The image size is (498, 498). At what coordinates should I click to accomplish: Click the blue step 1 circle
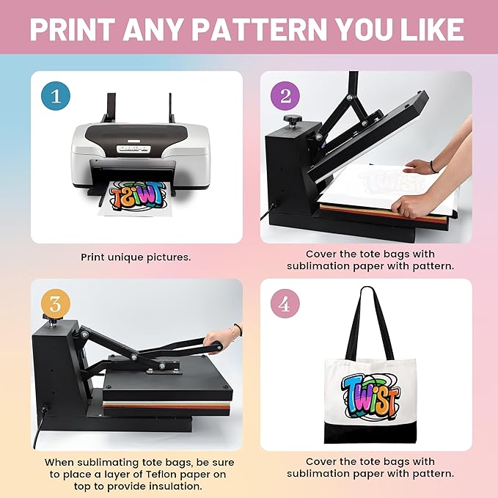[x=56, y=95]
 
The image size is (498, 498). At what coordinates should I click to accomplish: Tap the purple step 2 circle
[x=285, y=95]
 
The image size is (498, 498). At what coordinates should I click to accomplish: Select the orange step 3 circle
[x=56, y=304]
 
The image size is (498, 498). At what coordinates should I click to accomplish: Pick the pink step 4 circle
[x=285, y=304]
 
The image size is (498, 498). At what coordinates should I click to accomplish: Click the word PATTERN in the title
[x=259, y=29]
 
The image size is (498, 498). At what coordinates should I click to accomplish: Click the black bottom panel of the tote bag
[x=370, y=432]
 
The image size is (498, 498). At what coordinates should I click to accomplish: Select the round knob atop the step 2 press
[x=292, y=120]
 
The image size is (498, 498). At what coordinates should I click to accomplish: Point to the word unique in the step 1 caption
[x=125, y=257]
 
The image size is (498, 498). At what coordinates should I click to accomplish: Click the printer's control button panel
[x=133, y=148]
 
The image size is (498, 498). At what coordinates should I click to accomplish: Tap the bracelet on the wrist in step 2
[x=432, y=166]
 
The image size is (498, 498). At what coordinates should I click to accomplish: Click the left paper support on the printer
[x=110, y=108]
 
